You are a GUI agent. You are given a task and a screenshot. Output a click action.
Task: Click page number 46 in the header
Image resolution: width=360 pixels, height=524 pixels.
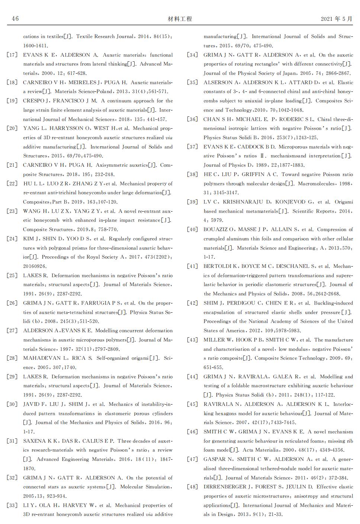click(15, 19)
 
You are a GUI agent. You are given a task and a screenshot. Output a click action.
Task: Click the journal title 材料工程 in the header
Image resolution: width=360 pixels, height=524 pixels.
click(180, 19)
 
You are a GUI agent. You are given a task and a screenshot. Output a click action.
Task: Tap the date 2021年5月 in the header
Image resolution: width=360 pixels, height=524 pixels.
click(336, 19)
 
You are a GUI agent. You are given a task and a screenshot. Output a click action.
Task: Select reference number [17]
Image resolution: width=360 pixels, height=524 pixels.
click(12, 55)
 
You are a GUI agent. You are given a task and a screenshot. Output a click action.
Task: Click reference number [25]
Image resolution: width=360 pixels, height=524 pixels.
click(12, 276)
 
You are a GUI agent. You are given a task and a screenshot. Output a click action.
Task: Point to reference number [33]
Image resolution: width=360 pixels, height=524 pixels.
click(12, 505)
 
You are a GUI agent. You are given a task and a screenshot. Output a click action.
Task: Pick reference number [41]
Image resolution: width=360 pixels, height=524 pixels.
click(193, 266)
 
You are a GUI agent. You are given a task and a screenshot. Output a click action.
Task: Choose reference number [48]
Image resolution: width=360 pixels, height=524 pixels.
click(193, 487)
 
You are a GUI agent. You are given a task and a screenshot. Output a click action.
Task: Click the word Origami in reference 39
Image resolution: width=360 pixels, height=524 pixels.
click(344, 202)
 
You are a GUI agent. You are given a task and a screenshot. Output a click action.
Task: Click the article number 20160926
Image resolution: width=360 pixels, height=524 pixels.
click(35, 266)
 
